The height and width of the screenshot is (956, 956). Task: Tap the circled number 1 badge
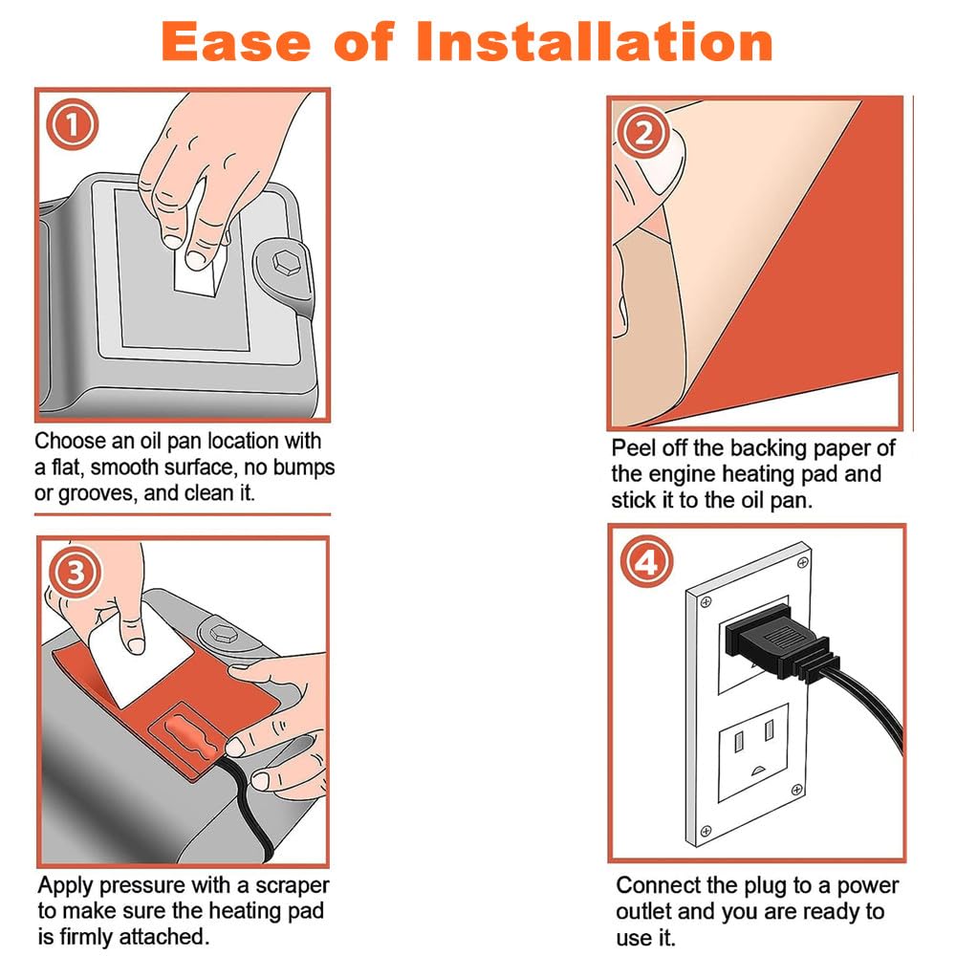coord(72,125)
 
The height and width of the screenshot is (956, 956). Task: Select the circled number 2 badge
coord(642,132)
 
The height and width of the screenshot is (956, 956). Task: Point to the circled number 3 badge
coord(76,573)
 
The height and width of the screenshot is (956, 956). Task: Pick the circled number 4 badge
coord(646,561)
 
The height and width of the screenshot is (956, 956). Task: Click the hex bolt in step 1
coord(284,264)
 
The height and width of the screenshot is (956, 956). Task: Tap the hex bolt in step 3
coord(223,633)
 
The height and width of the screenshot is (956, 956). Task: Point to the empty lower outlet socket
coord(753,751)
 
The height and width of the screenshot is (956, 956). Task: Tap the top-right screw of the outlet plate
coord(802,562)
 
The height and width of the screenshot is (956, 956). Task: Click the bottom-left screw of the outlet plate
coord(706,831)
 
